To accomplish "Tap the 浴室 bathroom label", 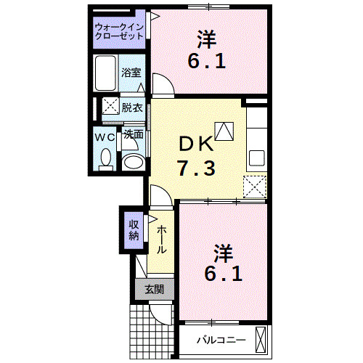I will click(x=131, y=73).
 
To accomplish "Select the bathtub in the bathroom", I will click(x=106, y=73).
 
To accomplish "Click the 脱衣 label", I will click(x=131, y=107).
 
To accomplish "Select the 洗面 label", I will click(x=132, y=135).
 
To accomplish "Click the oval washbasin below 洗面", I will click(x=132, y=161).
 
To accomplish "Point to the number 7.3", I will click(x=195, y=169).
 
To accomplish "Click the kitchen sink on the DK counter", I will click(x=258, y=158).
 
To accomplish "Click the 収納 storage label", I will click(x=134, y=229).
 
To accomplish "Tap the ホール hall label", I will click(x=161, y=238).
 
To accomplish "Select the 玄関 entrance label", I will click(x=153, y=290).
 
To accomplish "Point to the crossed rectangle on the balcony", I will click(x=261, y=340).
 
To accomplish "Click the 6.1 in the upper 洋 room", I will click(x=207, y=61).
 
